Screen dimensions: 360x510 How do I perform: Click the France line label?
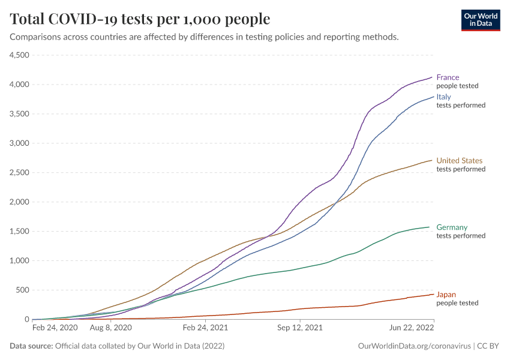448,77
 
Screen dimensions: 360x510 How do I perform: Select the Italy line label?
443,97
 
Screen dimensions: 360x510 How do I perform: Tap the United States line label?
459,161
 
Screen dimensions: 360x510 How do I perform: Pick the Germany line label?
452,227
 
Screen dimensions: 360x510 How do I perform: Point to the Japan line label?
446,295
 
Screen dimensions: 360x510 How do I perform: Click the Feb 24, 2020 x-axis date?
55,329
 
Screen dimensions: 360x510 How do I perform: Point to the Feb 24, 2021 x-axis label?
206,329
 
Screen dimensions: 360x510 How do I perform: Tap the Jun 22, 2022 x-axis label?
412,329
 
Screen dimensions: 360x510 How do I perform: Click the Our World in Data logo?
480,20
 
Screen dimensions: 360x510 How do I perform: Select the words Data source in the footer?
31,346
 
